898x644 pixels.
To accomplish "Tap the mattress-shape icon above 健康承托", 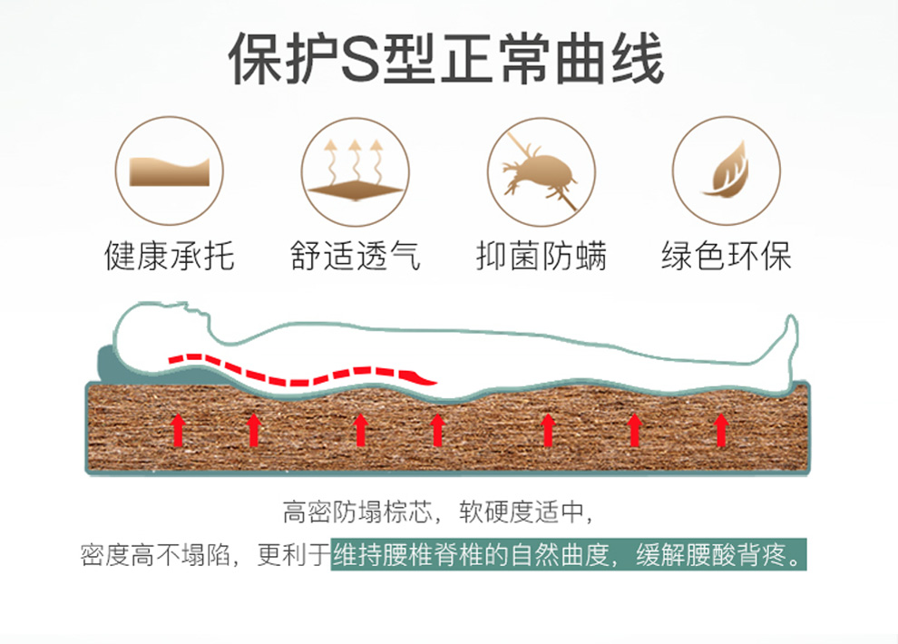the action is click(170, 171).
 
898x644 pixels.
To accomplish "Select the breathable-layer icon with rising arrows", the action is click(356, 171).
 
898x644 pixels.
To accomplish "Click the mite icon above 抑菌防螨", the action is click(542, 171).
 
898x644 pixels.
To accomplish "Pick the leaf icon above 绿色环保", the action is click(727, 171).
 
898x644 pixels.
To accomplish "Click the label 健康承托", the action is click(170, 256).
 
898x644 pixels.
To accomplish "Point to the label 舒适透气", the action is click(356, 256).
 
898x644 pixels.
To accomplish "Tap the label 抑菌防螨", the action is click(542, 256).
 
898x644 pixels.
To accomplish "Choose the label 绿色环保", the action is click(727, 256).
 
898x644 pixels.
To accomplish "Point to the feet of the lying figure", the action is click(786, 340).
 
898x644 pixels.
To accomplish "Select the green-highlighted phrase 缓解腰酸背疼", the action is click(720, 555).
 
